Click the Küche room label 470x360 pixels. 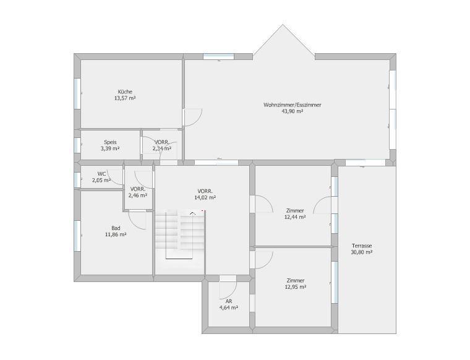point(125,92)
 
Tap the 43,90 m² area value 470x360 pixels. point(293,111)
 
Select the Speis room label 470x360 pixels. point(110,142)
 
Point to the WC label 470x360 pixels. point(101,174)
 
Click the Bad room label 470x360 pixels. point(116,228)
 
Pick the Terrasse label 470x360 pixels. point(362,246)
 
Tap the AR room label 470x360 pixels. point(229,302)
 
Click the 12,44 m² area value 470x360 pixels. point(295,217)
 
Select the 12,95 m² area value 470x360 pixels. point(296,287)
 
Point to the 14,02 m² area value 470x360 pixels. point(205,197)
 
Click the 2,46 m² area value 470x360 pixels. point(138,195)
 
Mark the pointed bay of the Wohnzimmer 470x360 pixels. point(283,40)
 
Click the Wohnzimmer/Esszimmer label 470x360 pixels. point(293,105)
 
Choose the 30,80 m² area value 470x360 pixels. point(362,252)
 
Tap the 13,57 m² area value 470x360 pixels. point(125,98)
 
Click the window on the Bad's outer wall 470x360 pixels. point(77,236)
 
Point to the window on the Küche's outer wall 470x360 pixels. point(77,93)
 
